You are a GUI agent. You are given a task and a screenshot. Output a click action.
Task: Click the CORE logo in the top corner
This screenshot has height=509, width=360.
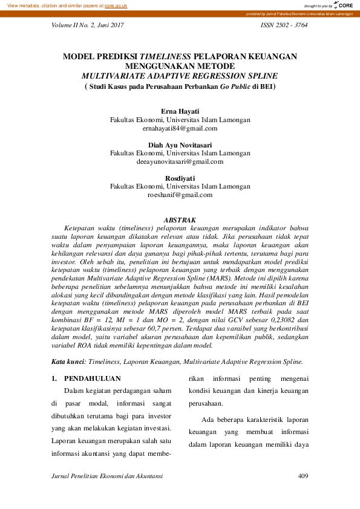(343, 5)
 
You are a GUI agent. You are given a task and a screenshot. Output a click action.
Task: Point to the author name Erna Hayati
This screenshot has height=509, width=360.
(180, 112)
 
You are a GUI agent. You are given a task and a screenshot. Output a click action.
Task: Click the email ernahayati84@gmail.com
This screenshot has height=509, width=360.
(180, 128)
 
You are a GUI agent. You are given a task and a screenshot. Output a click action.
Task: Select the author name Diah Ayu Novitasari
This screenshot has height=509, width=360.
(180, 145)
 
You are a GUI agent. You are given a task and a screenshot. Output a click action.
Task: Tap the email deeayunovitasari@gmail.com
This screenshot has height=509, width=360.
(180, 161)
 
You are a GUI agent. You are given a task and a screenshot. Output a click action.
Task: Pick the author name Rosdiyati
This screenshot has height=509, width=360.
(180, 178)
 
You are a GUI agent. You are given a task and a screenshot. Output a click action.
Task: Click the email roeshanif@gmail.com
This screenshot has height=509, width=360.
(180, 195)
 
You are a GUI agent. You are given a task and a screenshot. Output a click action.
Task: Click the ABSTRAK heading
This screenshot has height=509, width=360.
(180, 219)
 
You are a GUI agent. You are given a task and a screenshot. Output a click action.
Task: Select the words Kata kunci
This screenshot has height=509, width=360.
(68, 361)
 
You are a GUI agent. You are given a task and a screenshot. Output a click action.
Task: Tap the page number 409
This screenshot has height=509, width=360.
(304, 476)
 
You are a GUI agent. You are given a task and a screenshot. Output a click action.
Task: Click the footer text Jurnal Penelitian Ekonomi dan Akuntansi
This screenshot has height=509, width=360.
(107, 476)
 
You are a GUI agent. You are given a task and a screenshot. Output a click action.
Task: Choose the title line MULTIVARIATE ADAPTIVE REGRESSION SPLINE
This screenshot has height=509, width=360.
(180, 76)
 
